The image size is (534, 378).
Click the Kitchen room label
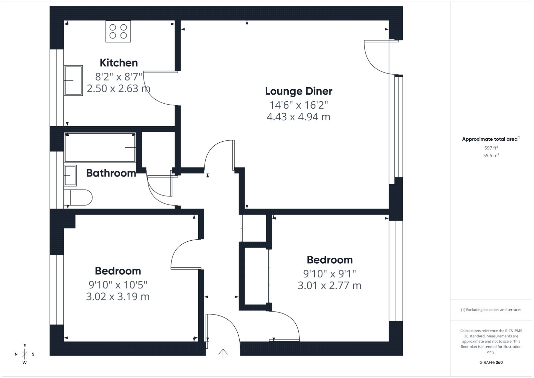[x=119, y=63]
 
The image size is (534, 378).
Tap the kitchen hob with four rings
[x=118, y=31]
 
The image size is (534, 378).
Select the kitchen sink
[x=73, y=81]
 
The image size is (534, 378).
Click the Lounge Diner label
[x=299, y=91]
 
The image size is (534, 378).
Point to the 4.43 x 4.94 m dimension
[x=298, y=117]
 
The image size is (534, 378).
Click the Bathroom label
[x=111, y=173]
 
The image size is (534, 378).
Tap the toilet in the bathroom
[x=78, y=198]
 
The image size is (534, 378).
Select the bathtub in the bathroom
[x=100, y=148]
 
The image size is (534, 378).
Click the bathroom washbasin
[x=70, y=175]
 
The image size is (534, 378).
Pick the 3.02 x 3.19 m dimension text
[x=118, y=296]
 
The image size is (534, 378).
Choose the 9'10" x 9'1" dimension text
[x=329, y=274]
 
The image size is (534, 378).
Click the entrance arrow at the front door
[x=223, y=354]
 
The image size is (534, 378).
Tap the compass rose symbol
[x=25, y=354]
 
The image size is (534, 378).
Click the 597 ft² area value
[x=491, y=148]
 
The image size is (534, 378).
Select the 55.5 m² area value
[x=491, y=155]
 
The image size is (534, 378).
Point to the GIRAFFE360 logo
[x=491, y=363]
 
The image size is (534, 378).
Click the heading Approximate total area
[x=491, y=139]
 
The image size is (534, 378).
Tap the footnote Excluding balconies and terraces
[x=491, y=310]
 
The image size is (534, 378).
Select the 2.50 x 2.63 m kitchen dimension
[x=118, y=89]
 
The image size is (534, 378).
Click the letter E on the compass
[x=25, y=346]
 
